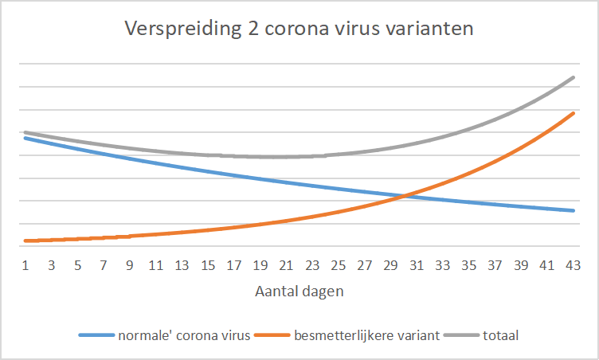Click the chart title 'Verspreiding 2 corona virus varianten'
coord(299,30)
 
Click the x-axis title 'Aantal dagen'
coord(299,292)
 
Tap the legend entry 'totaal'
coord(500,335)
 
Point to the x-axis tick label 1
coord(25,264)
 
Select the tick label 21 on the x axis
coord(286,264)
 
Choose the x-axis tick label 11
coord(156,264)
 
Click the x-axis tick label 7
coord(104,264)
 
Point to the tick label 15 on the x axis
coord(208,264)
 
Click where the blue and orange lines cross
coord(404,195)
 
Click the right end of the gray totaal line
coord(574,77)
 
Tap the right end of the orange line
coord(574,113)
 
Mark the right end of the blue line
coord(574,210)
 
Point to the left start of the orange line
coord(25,241)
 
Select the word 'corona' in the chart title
coord(288,30)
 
